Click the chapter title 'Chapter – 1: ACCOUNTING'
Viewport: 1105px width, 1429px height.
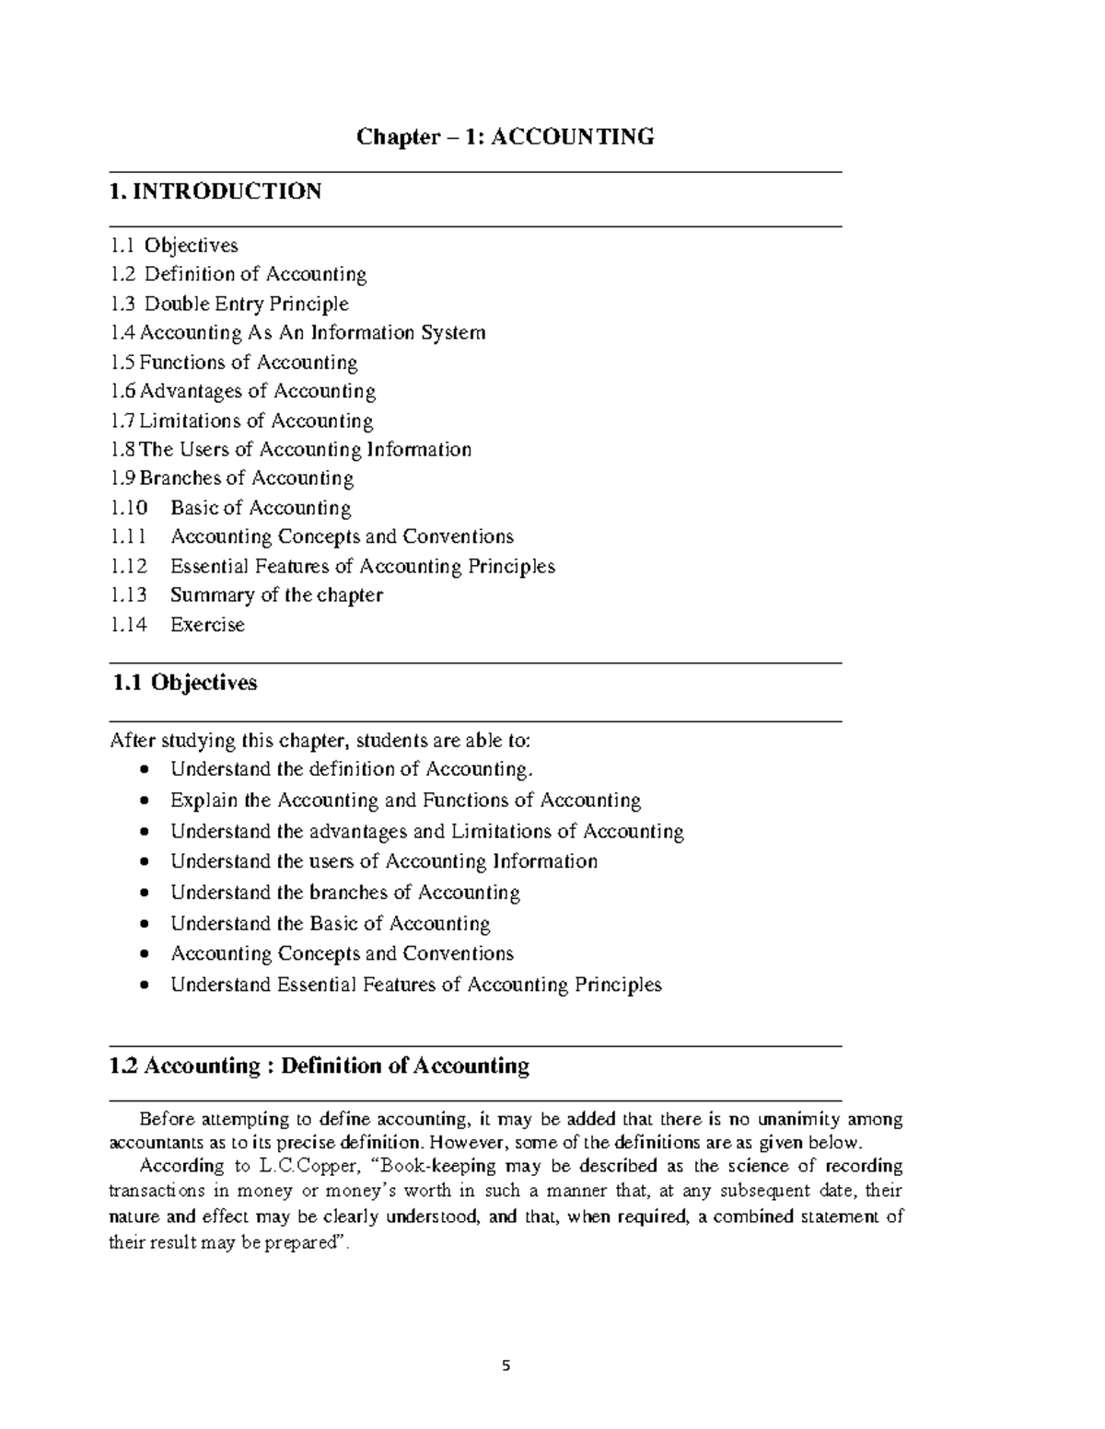pos(506,137)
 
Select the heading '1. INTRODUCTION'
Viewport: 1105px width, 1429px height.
pos(215,191)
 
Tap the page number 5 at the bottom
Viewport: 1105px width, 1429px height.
pos(506,1366)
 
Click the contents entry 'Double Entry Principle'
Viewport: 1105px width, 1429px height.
pos(246,304)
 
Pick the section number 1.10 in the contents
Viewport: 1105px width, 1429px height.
pos(128,508)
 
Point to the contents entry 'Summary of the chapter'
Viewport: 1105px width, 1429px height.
pos(276,595)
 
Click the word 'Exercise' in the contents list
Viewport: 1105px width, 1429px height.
pos(207,625)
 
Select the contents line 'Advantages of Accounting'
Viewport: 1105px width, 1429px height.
pos(257,391)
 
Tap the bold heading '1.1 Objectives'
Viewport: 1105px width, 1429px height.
pos(184,683)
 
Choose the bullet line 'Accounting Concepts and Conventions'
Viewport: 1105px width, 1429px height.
pos(342,954)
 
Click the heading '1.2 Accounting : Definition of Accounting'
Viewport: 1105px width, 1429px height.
pos(320,1066)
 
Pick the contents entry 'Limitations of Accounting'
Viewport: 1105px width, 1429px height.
pos(255,421)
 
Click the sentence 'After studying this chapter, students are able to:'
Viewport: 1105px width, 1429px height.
pos(320,741)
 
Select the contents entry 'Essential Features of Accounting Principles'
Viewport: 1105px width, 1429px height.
pos(363,566)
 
